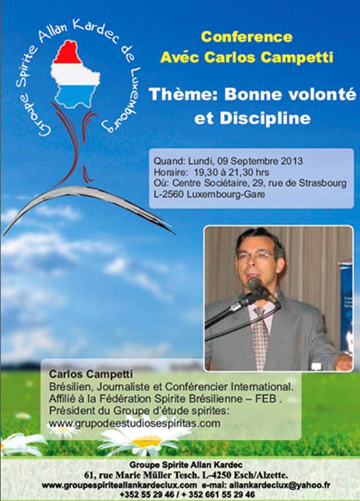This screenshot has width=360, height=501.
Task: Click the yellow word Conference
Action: coord(247,37)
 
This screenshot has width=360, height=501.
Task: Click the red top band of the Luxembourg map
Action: coord(67,52)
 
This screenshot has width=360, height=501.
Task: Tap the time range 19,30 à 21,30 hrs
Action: coord(231,172)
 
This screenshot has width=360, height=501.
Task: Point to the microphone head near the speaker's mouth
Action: coord(256,284)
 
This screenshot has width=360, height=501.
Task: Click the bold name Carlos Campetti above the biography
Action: coord(91,374)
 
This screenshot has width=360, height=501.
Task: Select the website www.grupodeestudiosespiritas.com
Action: coord(134,423)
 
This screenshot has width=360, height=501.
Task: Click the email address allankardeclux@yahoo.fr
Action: coord(279,485)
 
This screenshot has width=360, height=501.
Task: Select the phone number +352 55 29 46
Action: coord(147,494)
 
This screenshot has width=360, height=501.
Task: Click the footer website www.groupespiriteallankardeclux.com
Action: coord(119,485)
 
